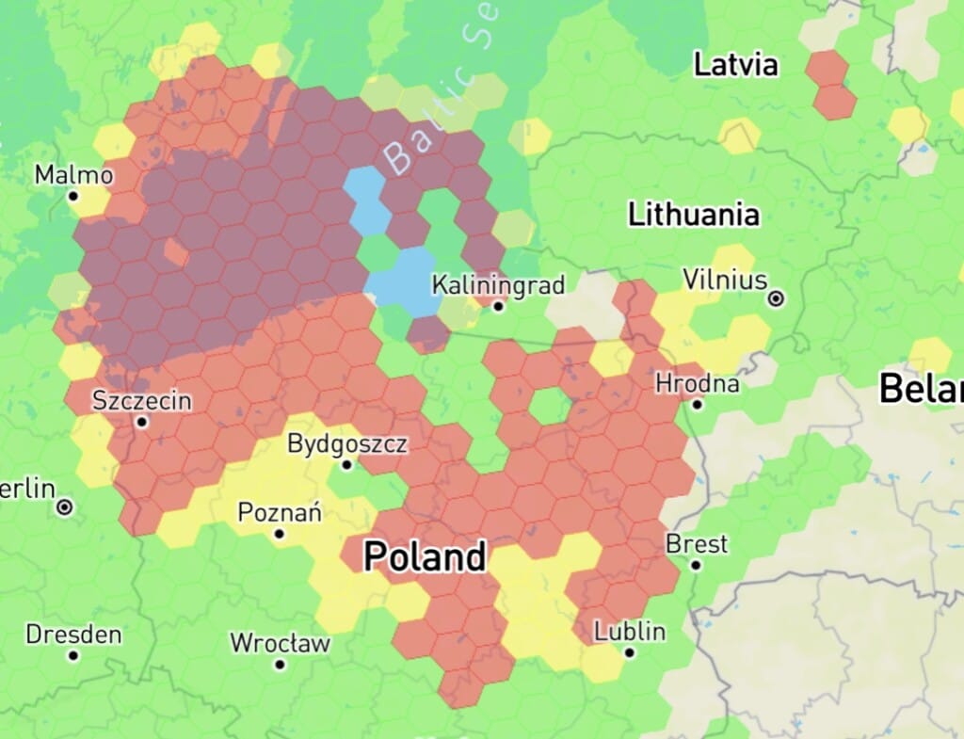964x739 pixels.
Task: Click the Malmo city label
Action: coord(73,175)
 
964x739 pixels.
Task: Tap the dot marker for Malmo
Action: coord(73,196)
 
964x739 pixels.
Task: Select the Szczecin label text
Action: coord(141,401)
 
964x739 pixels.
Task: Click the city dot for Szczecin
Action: coord(142,422)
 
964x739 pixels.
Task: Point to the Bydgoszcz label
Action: coord(347,443)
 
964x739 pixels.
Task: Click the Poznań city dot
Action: coord(280,534)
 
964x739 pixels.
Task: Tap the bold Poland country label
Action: coord(425,557)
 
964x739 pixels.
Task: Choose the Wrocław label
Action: coord(281,644)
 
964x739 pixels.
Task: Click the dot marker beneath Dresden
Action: coord(73,655)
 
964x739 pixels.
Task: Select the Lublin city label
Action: coord(630,631)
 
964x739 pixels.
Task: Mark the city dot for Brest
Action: coord(696,565)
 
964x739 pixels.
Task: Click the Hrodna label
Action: coord(697,384)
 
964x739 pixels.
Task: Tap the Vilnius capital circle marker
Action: coord(776,298)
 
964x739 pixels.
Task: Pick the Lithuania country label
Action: coord(694,215)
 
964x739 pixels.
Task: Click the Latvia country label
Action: coord(736,65)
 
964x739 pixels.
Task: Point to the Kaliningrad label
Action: coord(498,284)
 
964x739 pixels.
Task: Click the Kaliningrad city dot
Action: coord(498,306)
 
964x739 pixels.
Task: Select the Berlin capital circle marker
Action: coord(64,507)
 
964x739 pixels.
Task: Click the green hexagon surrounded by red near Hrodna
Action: coord(549,406)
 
